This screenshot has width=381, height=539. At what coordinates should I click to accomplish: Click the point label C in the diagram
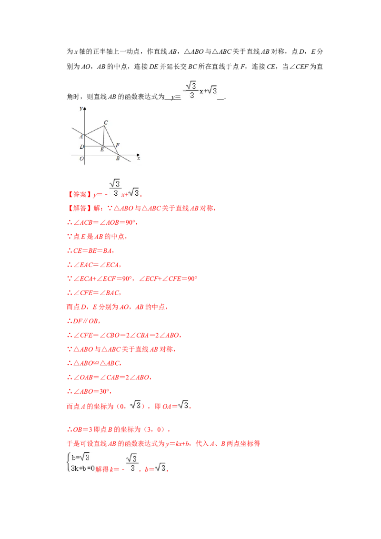tap(106, 123)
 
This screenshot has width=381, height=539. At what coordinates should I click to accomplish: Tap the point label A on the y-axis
tap(81, 136)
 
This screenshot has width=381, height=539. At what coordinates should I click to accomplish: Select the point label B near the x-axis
tap(118, 159)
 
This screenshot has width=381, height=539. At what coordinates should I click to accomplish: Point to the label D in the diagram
tap(81, 147)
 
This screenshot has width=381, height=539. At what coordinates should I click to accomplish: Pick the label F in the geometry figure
tap(117, 145)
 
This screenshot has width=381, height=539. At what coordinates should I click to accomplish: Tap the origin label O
tap(81, 159)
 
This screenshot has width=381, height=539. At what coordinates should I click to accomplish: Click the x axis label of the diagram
tap(139, 159)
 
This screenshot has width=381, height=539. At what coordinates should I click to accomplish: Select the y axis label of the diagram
tap(81, 109)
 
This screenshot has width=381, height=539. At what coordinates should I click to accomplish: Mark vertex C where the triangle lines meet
tap(104, 126)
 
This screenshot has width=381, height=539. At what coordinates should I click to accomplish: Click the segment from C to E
tap(103, 136)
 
